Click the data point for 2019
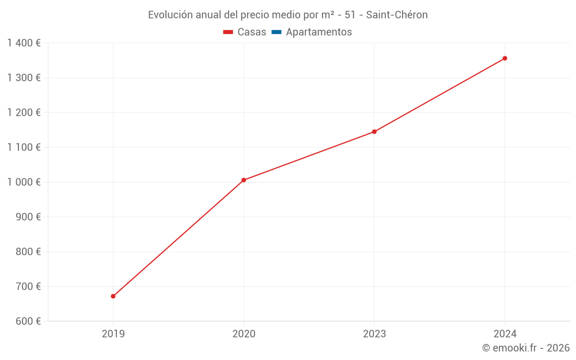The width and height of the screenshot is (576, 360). (x=113, y=296)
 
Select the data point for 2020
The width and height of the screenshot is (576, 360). (x=244, y=180)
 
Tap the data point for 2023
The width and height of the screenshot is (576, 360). (x=374, y=132)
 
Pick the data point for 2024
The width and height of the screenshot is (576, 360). (x=505, y=58)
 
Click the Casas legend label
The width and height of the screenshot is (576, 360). (x=252, y=32)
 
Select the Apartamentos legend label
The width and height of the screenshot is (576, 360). (x=319, y=32)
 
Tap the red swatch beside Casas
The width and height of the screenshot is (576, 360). (x=228, y=32)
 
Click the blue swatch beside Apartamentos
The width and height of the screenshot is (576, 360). (x=276, y=32)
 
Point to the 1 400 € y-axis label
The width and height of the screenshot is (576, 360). (x=24, y=43)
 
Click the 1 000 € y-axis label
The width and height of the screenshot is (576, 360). (x=24, y=182)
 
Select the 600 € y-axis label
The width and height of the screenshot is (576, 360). (x=27, y=321)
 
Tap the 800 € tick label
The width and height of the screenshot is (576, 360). (x=27, y=252)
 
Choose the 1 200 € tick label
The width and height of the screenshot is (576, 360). (x=24, y=113)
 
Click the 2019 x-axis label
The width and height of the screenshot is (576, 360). (x=113, y=334)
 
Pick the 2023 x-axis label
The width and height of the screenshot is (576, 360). (x=374, y=334)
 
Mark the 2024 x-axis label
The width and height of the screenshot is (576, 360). (x=505, y=334)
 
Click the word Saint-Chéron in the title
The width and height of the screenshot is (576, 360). (x=397, y=15)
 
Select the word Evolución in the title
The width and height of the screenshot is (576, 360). (x=170, y=15)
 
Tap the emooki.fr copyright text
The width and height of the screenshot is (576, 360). (x=526, y=348)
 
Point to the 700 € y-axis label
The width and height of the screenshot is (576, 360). (x=27, y=287)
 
